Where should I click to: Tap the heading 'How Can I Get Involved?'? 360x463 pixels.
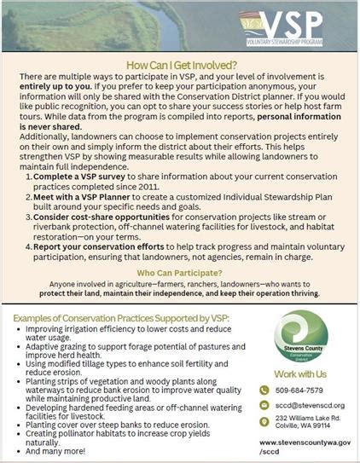click(180, 64)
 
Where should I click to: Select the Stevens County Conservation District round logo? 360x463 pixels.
click(299, 340)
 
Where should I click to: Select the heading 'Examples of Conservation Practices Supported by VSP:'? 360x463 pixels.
click(122, 317)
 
